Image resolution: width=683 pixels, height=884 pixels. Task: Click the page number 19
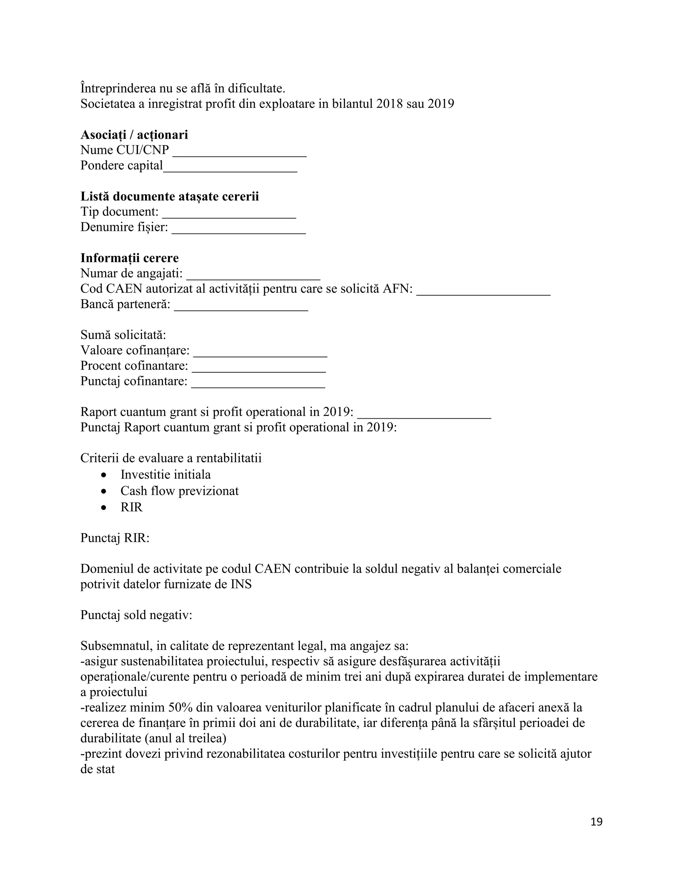pyautogui.click(x=596, y=822)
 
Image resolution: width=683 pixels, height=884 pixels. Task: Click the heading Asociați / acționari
pyautogui.click(x=134, y=135)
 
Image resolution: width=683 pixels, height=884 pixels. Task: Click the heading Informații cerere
pyautogui.click(x=129, y=258)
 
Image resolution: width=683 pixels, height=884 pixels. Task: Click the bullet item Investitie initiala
pyautogui.click(x=165, y=474)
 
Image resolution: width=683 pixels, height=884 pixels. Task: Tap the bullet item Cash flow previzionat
pyautogui.click(x=179, y=491)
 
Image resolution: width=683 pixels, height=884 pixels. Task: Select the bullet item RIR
pyautogui.click(x=131, y=507)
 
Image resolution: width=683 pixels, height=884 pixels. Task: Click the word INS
pyautogui.click(x=241, y=584)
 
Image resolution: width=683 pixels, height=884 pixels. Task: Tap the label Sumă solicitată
pyautogui.click(x=123, y=335)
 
